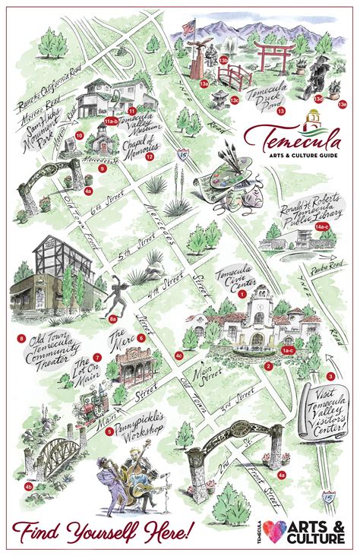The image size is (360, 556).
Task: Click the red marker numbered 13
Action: (280, 112)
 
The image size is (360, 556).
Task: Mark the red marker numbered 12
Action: (150, 157)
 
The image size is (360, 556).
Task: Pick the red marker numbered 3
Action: (330, 377)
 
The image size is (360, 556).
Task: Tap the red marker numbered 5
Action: (109, 431)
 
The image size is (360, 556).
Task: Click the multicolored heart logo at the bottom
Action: (276, 531)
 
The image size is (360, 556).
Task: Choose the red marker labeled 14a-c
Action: (322, 227)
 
